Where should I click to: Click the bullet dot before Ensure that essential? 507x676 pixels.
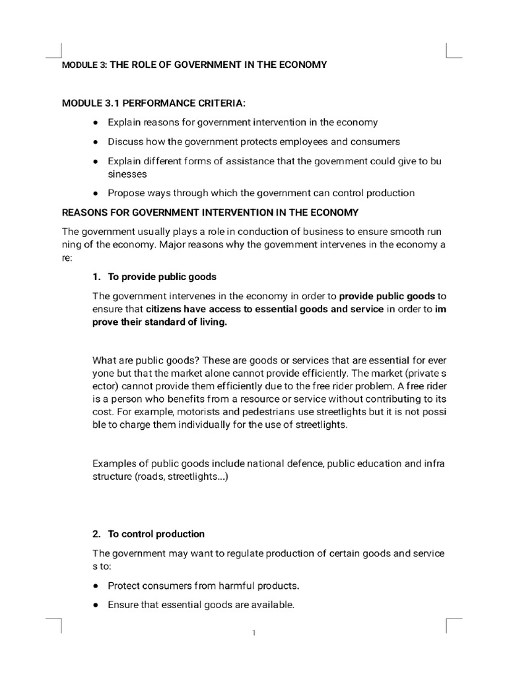pyautogui.click(x=96, y=605)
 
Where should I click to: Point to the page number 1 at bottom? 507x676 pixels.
pyautogui.click(x=253, y=634)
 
